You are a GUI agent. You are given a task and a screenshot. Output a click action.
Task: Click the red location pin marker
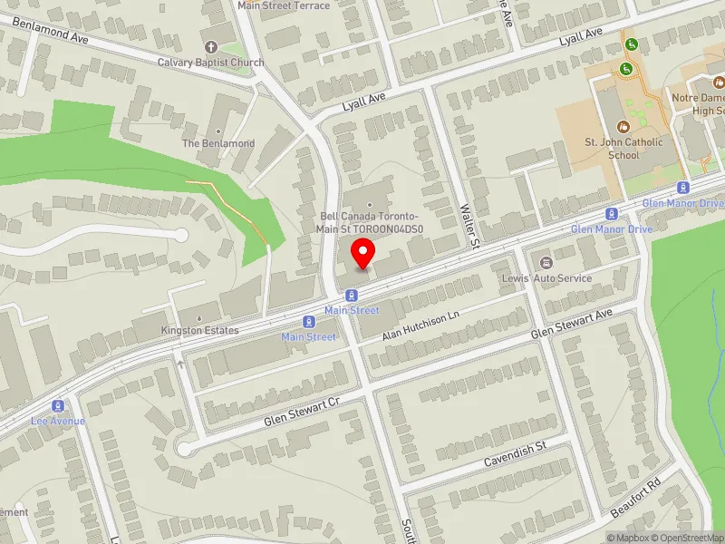[x=363, y=253]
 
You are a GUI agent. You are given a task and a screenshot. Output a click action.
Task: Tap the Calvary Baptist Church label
[x=211, y=63]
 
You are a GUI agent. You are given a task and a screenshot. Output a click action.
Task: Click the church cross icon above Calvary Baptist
[x=211, y=47]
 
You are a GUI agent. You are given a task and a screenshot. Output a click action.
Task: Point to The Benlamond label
[x=218, y=143]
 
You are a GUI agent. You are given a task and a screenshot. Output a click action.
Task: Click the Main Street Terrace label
[x=284, y=5]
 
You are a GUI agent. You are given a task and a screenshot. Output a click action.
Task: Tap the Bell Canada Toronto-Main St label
[x=370, y=222]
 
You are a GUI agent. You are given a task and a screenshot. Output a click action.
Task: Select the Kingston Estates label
[x=200, y=330]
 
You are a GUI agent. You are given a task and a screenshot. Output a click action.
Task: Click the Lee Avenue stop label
[x=58, y=421]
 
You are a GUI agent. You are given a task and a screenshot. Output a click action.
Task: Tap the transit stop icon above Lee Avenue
[x=58, y=405]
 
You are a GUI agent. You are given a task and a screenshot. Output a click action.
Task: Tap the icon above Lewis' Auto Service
[x=546, y=262]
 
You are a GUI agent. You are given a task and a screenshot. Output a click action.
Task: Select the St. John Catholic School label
[x=623, y=148]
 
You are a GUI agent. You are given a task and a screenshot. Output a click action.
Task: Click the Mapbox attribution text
[x=629, y=538]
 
